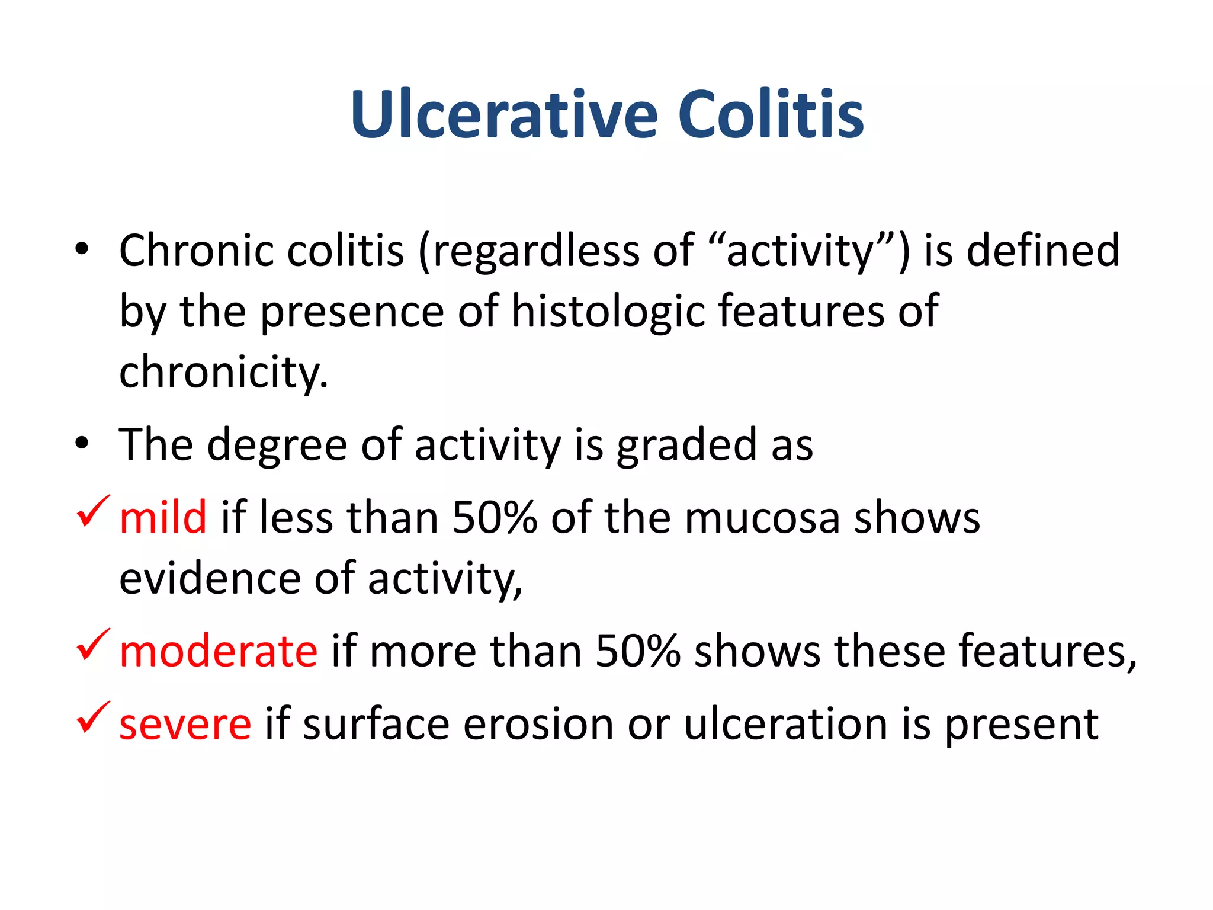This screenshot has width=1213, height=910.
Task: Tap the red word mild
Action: (163, 517)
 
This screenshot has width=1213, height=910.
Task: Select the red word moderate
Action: (218, 651)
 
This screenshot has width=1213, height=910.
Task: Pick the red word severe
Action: (185, 724)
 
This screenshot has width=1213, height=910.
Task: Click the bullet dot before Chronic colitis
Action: (82, 249)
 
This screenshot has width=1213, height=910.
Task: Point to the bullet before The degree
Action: (82, 443)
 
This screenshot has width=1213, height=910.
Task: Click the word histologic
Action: (608, 312)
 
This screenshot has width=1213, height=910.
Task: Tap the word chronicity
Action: (223, 373)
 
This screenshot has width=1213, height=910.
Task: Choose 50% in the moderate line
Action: (637, 651)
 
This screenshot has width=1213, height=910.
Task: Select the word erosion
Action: (538, 724)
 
